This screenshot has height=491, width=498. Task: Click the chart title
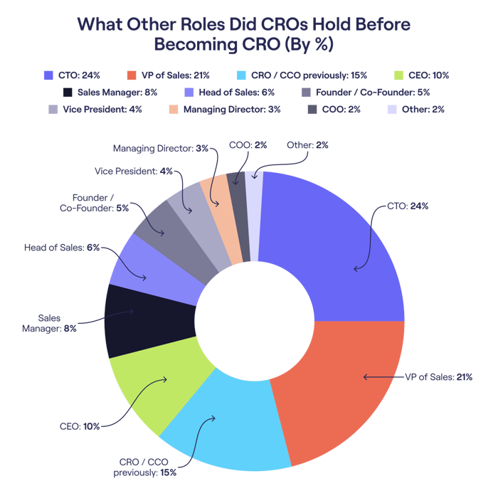[243, 34]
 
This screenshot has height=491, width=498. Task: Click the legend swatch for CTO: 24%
[49, 75]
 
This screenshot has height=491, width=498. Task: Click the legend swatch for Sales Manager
[68, 92]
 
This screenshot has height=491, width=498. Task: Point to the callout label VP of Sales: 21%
[437, 376]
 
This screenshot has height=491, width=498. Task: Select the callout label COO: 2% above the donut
[248, 144]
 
